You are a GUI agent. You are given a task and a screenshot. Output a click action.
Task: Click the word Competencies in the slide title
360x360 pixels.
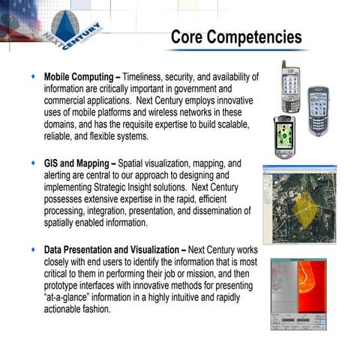pos(257,36)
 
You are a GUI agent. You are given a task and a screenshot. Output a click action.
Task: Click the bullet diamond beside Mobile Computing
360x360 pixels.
pos(33,77)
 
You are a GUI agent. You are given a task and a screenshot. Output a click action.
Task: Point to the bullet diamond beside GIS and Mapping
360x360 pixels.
pos(33,162)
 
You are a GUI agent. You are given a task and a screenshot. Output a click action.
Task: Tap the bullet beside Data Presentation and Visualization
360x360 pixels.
pos(33,248)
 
